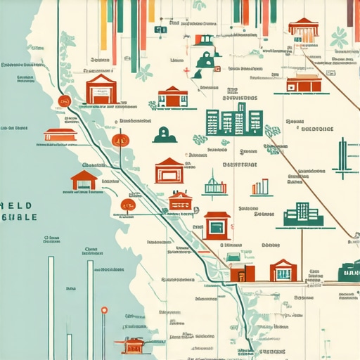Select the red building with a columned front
coord(304,31)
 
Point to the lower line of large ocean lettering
coord(19,217)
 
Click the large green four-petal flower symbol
coord(340,38)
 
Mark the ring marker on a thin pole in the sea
coord(104,310)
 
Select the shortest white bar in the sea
coord(70,346)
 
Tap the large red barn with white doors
coord(101,90)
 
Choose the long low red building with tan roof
coord(303,83)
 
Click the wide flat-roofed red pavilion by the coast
coord(60,135)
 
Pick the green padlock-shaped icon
coord(206,61)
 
